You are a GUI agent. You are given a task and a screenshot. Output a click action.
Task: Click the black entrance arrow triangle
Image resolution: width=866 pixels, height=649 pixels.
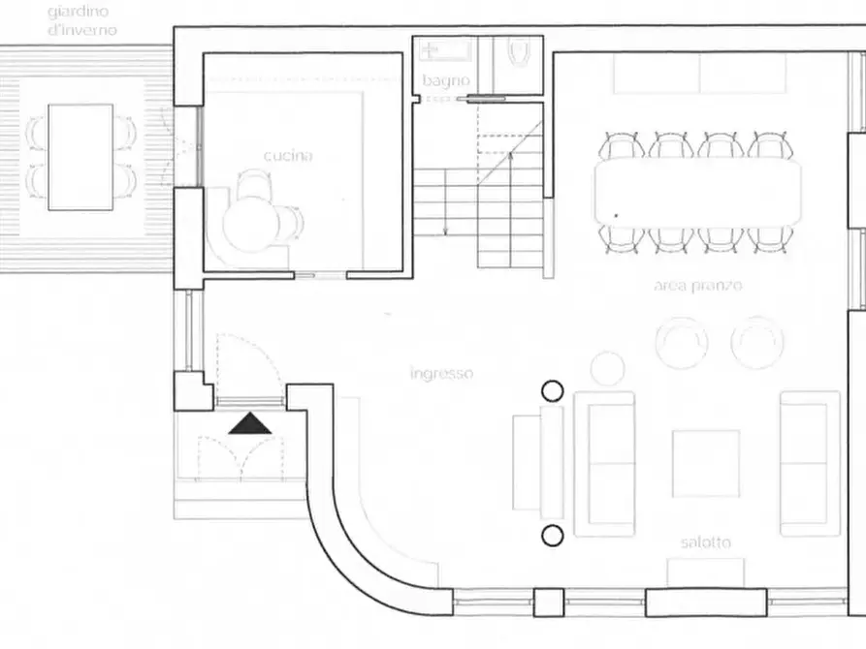pyautogui.click(x=250, y=423)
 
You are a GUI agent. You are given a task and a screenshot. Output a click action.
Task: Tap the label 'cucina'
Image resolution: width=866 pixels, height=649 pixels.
pyautogui.click(x=288, y=156)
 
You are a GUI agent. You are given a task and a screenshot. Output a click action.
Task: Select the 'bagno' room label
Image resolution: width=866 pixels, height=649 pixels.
pyautogui.click(x=446, y=80)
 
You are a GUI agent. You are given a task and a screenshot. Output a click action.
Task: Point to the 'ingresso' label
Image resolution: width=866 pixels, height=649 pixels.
pyautogui.click(x=442, y=374)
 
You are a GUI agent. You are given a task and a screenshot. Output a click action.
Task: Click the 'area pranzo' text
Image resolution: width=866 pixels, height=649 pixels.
pyautogui.click(x=698, y=286)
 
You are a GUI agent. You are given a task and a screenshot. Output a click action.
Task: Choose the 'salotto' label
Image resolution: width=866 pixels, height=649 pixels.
pyautogui.click(x=706, y=542)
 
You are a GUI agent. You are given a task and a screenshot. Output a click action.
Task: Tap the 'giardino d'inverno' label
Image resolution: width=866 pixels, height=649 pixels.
pyautogui.click(x=81, y=20)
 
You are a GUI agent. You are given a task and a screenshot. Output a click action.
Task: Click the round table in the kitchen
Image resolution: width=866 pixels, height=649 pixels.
pyautogui.click(x=251, y=225)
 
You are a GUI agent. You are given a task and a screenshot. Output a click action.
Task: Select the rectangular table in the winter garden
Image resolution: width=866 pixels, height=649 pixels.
pyautogui.click(x=80, y=157)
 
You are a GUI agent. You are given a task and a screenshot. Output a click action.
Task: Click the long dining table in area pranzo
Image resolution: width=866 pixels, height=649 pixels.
pyautogui.click(x=698, y=192)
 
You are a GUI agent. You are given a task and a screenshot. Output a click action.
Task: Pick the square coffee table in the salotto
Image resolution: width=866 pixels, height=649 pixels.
pyautogui.click(x=706, y=464)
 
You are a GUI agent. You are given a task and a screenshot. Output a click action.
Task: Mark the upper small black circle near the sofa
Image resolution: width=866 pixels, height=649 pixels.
pyautogui.click(x=553, y=390)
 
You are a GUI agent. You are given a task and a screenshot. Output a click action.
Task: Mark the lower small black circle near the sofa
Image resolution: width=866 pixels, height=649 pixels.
pyautogui.click(x=553, y=536)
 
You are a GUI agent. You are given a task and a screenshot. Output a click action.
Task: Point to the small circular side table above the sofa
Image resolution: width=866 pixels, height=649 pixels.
pyautogui.click(x=607, y=368)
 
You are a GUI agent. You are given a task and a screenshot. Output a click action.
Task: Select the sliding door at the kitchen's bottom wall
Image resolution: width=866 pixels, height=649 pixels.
pyautogui.click(x=320, y=274)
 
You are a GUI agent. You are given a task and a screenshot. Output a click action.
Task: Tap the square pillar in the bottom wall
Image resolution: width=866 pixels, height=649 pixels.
pyautogui.click(x=549, y=603)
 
